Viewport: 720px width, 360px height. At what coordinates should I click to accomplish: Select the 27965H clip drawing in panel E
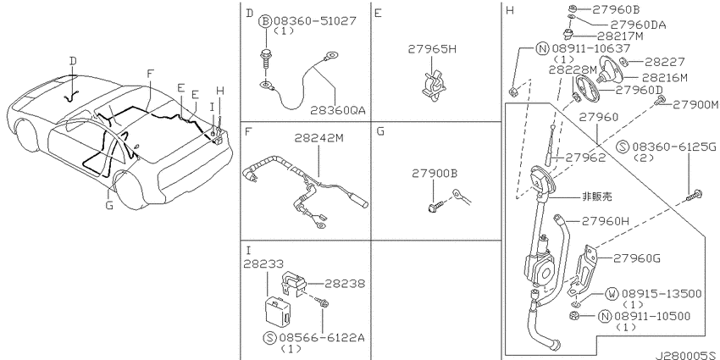[433, 85]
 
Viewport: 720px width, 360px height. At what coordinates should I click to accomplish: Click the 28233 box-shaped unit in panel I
[277, 310]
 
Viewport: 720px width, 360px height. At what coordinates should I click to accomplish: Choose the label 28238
[345, 284]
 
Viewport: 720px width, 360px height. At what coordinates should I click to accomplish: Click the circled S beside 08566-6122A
[269, 339]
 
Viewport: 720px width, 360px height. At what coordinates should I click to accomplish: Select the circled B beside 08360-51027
[266, 21]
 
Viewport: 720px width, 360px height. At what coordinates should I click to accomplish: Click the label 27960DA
[640, 25]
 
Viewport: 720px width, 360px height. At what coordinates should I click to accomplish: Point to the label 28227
[664, 62]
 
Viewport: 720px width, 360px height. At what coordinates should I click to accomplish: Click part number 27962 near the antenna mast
[585, 157]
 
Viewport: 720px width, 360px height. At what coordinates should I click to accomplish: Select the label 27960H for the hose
[605, 221]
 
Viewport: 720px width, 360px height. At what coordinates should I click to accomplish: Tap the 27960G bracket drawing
[583, 272]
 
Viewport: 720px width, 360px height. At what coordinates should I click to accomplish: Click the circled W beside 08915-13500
[612, 294]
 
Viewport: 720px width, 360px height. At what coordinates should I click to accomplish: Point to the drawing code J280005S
[687, 356]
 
